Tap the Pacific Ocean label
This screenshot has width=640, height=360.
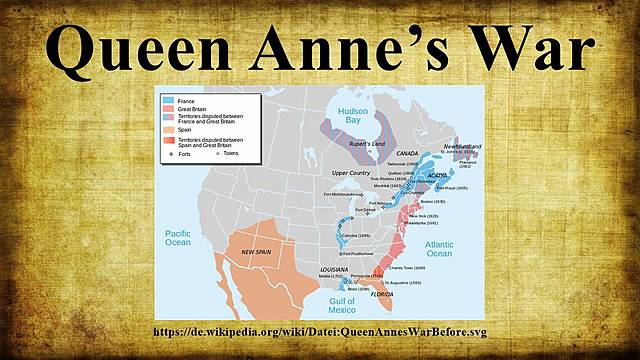pos(178,237)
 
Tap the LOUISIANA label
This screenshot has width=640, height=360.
pos(333,270)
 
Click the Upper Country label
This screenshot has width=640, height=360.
pos(351,173)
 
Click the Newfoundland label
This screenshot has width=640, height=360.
pos(462,146)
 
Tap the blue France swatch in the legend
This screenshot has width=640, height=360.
pos(167,101)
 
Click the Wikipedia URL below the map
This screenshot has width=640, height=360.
pos(319,332)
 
